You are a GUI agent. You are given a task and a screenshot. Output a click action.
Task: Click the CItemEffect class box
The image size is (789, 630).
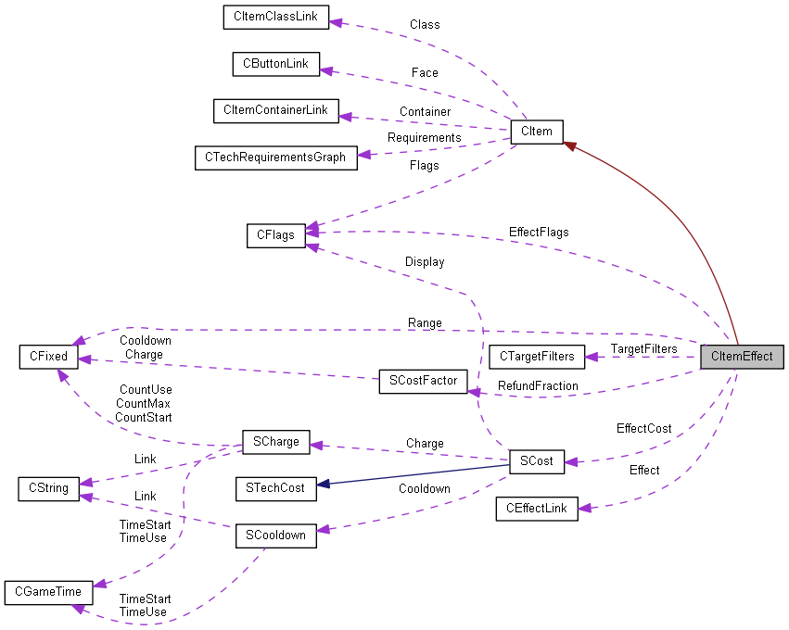click(x=742, y=357)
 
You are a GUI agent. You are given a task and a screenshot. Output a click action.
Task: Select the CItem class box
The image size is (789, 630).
click(x=536, y=132)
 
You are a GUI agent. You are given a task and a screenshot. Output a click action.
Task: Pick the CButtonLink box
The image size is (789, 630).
click(x=275, y=64)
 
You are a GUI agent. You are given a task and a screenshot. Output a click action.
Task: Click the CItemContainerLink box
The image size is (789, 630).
click(x=275, y=110)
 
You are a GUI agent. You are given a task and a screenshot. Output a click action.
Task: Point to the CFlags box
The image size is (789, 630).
click(x=275, y=234)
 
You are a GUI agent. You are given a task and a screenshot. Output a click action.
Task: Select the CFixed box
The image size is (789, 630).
click(x=48, y=357)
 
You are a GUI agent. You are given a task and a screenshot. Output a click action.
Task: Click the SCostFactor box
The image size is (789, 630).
click(x=423, y=381)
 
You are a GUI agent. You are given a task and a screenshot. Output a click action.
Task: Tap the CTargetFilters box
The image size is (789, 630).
click(x=537, y=357)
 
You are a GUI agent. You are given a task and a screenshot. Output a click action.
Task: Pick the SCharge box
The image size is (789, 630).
click(x=275, y=442)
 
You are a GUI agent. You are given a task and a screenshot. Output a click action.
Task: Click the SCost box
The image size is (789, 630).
click(x=536, y=460)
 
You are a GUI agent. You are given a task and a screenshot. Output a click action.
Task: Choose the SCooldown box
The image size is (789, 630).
click(x=275, y=535)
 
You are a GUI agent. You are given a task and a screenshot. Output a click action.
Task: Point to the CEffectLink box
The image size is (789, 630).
click(x=536, y=509)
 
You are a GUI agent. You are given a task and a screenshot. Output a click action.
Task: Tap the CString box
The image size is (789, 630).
click(x=48, y=487)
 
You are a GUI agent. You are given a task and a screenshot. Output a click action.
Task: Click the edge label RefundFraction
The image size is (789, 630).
click(x=538, y=385)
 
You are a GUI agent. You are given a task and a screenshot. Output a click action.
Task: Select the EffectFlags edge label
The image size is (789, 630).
click(x=539, y=232)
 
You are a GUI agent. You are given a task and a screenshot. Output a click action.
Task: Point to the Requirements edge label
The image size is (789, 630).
click(x=424, y=137)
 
